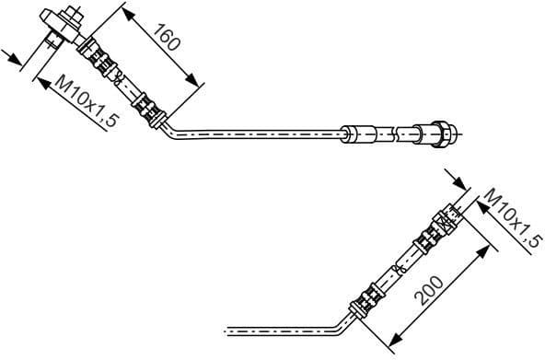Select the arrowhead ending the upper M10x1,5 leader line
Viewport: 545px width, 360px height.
(40, 80)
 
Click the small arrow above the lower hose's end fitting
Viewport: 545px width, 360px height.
(451, 180)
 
